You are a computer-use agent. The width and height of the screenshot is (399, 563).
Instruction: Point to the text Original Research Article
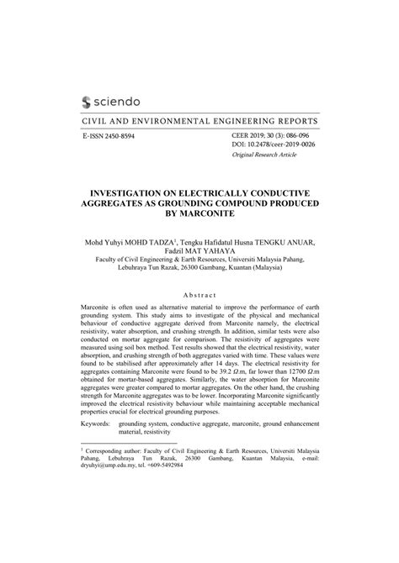265,156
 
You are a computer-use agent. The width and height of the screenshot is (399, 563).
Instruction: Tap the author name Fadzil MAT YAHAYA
199,250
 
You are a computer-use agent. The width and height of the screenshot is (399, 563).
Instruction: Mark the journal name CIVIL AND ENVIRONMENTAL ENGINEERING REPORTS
199,120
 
